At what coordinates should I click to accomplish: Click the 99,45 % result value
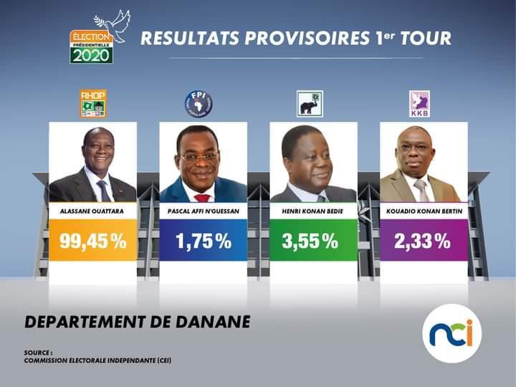pos(92,242)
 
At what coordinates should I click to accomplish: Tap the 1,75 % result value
pos(203,242)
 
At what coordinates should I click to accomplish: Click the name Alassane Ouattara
pos(92,211)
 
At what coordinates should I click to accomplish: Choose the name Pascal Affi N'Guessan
pos(203,211)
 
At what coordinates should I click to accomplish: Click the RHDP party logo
pos(92,104)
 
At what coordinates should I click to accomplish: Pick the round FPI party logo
pos(199,104)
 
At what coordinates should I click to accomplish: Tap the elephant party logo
pos(310,104)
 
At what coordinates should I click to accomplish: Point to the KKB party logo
pos(419,104)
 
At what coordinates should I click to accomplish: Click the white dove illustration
pos(114,26)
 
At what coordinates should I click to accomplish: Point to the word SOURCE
pos(37,352)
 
